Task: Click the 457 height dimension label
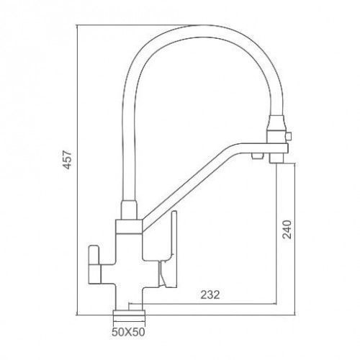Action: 68,160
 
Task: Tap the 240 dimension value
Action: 287,229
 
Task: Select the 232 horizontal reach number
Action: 210,294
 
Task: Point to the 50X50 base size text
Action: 128,332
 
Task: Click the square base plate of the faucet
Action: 129,312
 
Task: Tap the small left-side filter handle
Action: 95,265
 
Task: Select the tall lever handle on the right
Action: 168,249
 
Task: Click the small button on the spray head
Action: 289,137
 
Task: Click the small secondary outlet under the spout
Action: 256,156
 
